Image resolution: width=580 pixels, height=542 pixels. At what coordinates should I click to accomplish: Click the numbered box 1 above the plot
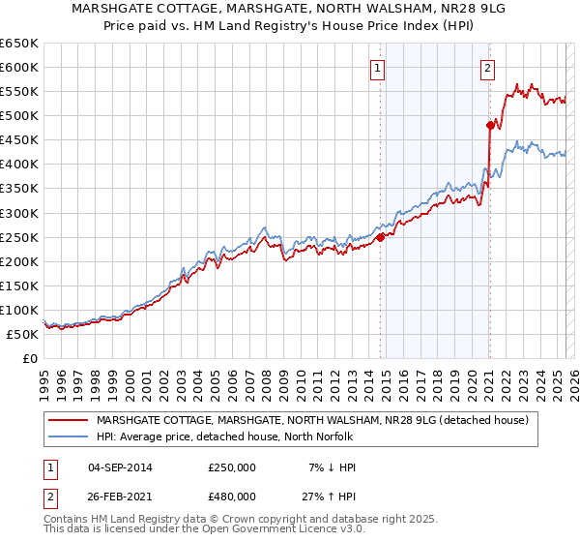[376, 68]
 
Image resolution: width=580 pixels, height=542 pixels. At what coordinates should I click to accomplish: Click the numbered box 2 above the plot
[487, 68]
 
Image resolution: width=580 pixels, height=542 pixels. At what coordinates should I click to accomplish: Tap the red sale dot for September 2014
[380, 236]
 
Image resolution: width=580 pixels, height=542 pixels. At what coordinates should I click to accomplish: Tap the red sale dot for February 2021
[490, 124]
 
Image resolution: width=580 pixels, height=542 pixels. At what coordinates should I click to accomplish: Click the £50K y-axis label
[23, 334]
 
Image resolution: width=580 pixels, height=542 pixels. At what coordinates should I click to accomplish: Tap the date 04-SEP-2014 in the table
[120, 467]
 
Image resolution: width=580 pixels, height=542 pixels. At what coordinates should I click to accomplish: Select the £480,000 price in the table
[232, 498]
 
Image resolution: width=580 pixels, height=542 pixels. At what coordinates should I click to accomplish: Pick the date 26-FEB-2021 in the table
[120, 498]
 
